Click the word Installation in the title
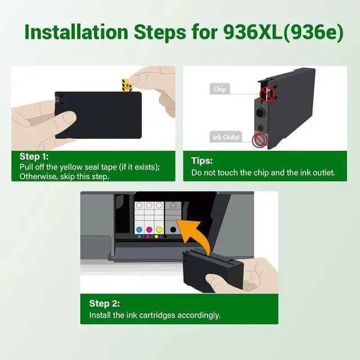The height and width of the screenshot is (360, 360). (x=76, y=31)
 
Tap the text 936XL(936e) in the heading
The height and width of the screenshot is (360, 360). (x=283, y=32)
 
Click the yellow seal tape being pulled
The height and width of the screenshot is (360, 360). (x=127, y=85)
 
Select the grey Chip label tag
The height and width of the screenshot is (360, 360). (x=220, y=89)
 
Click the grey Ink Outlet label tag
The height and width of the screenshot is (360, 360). (x=226, y=137)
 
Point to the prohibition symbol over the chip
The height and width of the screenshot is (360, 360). (x=267, y=94)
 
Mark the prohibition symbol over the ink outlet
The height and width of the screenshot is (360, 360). (x=260, y=140)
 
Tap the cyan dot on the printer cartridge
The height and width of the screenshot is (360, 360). (x=139, y=229)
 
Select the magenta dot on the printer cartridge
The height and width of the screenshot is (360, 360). (x=149, y=229)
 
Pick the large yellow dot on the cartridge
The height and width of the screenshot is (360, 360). (x=159, y=229)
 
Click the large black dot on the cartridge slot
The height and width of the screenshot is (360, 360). (x=173, y=229)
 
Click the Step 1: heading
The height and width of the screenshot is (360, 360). (x=34, y=156)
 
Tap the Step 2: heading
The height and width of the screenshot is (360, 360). (x=105, y=303)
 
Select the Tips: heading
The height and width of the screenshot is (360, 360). (x=202, y=161)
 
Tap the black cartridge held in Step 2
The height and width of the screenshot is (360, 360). (x=213, y=271)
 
